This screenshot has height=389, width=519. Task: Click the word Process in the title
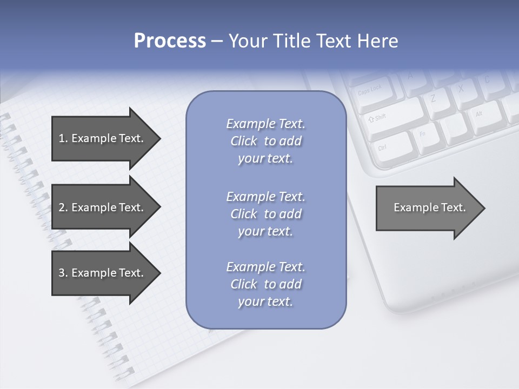[x=170, y=41]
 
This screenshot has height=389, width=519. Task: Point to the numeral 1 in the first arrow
[x=62, y=138]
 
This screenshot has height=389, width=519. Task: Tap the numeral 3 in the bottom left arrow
[x=62, y=273]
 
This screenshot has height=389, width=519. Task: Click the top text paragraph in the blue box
[x=265, y=141]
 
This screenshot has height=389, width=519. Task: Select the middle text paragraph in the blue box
[x=265, y=214]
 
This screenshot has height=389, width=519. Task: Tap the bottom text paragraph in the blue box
[x=265, y=284]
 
